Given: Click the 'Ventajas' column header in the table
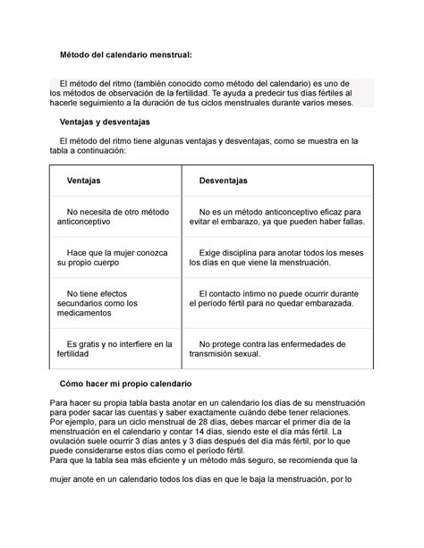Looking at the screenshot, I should pos(84,181).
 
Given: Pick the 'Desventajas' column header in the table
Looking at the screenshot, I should pos(224,181).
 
